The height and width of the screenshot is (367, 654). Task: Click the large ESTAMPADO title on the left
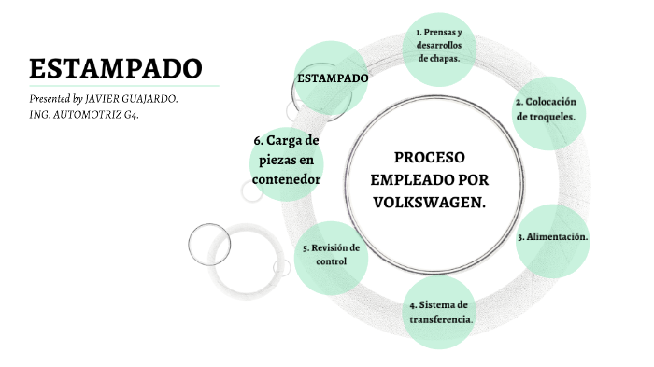pos(115,68)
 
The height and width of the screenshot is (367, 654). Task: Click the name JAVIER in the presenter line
pos(105,98)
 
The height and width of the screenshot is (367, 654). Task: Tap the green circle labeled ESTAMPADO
pos(333,78)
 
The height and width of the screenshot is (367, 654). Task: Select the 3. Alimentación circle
pos(553,237)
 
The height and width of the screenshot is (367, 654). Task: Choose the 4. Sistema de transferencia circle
pos(441,312)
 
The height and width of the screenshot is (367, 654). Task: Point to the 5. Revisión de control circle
pos(331,254)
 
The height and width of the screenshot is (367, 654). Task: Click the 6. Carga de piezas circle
pos(286,160)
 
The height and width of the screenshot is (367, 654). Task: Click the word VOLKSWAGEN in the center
pos(430,201)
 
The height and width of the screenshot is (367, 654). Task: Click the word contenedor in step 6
pos(287,179)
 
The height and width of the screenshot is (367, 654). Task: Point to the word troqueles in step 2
pos(551,118)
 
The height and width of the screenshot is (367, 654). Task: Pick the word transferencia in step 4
pos(441,319)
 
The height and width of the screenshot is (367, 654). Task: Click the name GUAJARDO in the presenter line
pos(151,98)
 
